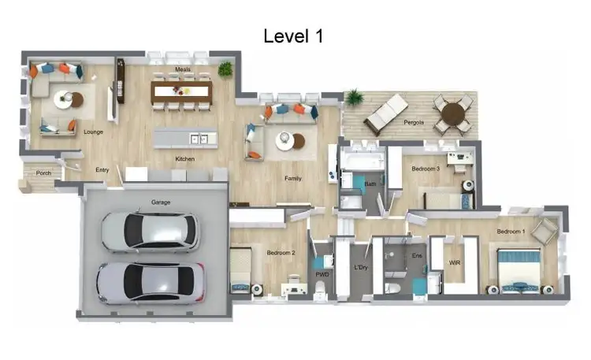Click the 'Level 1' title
pos(293,35)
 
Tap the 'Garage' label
pos(161,202)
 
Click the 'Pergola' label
pos(414,122)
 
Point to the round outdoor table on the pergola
pos(454,113)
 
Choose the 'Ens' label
pos(418,256)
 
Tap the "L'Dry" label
pos(361,268)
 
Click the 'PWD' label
pos(322,274)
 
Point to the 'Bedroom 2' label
pos(281,253)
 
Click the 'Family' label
pos(293,179)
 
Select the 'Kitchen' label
pos(184,159)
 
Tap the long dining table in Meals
pos(182,92)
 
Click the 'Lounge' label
pos(94,132)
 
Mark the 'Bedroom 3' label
pos(425,169)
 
